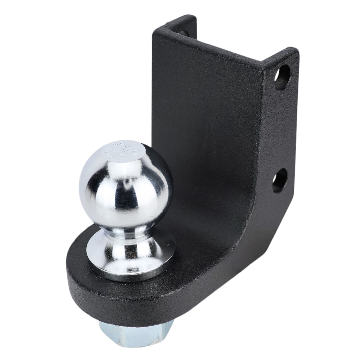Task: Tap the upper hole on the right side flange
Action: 282,77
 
